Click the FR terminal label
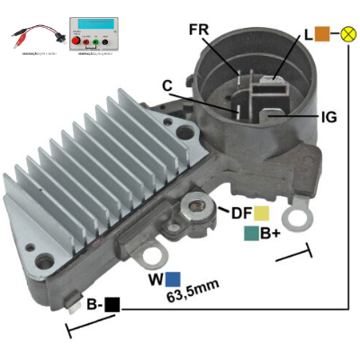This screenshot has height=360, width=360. (x=200, y=30)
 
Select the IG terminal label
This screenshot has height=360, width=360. (x=329, y=117)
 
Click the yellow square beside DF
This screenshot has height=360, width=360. (x=261, y=213)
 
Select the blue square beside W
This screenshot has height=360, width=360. (x=172, y=279)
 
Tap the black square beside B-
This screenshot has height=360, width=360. (x=112, y=304)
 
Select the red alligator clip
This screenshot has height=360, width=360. (x=20, y=39)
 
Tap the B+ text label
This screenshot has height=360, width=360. (x=270, y=234)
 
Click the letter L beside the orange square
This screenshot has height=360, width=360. (x=309, y=34)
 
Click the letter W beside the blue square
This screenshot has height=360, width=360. (x=155, y=279)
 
